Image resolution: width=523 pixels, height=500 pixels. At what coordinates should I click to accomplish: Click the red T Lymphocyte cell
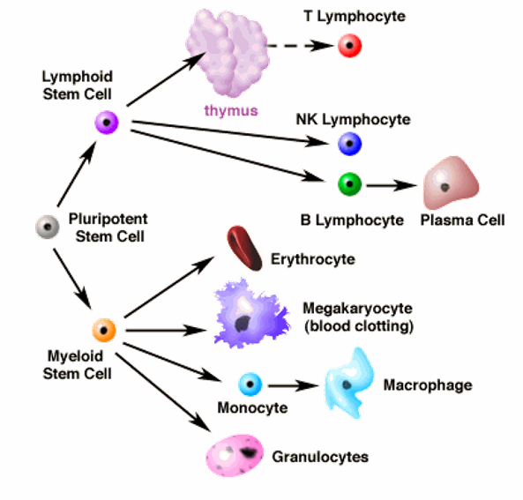(x=349, y=45)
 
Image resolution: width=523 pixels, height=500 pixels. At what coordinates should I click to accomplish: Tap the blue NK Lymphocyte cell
(x=349, y=144)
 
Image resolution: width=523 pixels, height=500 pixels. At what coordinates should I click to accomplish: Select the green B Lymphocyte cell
(x=349, y=183)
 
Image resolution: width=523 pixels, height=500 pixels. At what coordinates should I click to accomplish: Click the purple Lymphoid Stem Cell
(x=107, y=123)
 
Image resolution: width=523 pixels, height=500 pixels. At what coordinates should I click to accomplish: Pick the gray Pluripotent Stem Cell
(x=48, y=227)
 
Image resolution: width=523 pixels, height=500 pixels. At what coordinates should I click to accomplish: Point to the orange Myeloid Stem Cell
(x=104, y=330)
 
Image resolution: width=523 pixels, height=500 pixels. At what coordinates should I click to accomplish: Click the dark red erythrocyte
(x=244, y=248)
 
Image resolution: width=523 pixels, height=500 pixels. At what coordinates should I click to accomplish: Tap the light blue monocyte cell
(x=250, y=384)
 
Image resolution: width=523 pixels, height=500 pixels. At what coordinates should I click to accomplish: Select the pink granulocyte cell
(x=235, y=455)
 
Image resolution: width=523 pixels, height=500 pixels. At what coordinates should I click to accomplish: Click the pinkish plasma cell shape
(x=451, y=183)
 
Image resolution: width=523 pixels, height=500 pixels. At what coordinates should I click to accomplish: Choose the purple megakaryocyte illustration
(x=250, y=314)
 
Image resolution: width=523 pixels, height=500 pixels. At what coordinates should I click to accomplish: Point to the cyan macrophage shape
(x=350, y=383)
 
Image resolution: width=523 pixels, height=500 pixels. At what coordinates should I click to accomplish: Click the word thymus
(x=231, y=110)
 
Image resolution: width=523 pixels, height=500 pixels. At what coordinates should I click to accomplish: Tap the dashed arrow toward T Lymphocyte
(x=300, y=45)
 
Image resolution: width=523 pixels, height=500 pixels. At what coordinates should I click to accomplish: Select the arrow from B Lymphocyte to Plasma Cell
(x=392, y=185)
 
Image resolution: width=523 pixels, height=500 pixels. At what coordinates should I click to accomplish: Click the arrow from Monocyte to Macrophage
(x=294, y=386)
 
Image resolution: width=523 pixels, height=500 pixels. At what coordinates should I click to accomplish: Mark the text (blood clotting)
(x=359, y=326)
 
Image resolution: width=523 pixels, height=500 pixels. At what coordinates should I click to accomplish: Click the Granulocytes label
(x=320, y=457)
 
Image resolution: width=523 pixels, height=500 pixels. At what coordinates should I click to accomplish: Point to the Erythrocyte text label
(x=313, y=259)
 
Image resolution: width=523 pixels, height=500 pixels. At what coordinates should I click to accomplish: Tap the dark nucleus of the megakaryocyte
(x=243, y=324)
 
